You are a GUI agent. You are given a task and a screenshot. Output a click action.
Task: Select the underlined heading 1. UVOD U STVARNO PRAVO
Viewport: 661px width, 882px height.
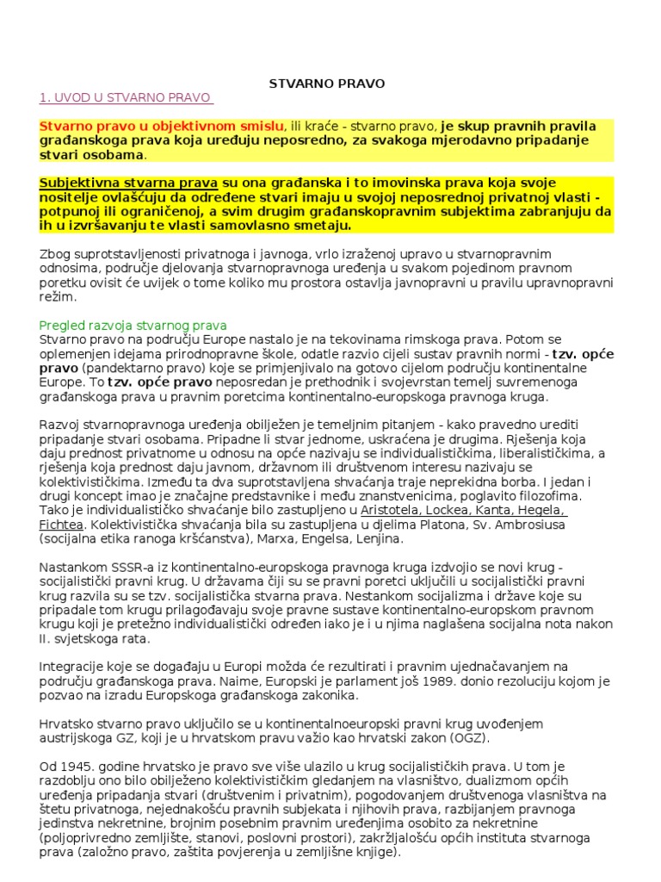coord(125,97)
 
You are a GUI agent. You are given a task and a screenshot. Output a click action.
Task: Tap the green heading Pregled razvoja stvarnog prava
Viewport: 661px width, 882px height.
coord(133,325)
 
